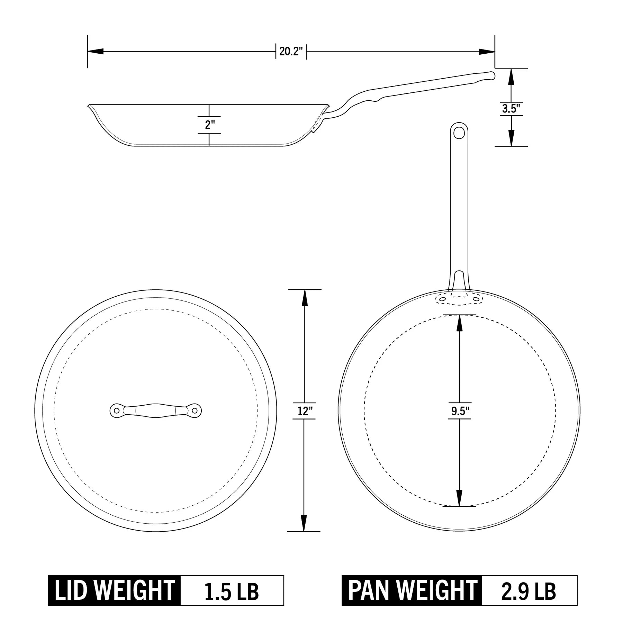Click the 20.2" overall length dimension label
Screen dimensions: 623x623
(x=291, y=52)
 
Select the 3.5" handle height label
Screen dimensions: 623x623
(x=511, y=109)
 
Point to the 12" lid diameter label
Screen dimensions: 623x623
(x=305, y=411)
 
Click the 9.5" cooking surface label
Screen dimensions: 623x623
(x=459, y=411)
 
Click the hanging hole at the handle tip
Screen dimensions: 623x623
(x=459, y=132)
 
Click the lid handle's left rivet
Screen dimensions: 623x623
(x=117, y=411)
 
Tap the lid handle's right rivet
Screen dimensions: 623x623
(x=195, y=411)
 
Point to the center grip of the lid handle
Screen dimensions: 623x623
(x=156, y=410)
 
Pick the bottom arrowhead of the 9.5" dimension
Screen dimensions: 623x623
(x=459, y=499)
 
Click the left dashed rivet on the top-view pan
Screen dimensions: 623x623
(x=442, y=299)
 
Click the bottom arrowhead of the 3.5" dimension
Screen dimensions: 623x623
(x=511, y=138)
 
